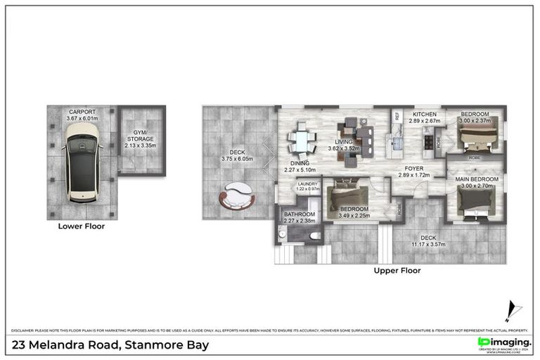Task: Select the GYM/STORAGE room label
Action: tap(141, 139)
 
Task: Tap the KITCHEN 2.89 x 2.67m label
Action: tap(425, 117)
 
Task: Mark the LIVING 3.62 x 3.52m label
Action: tap(344, 146)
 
